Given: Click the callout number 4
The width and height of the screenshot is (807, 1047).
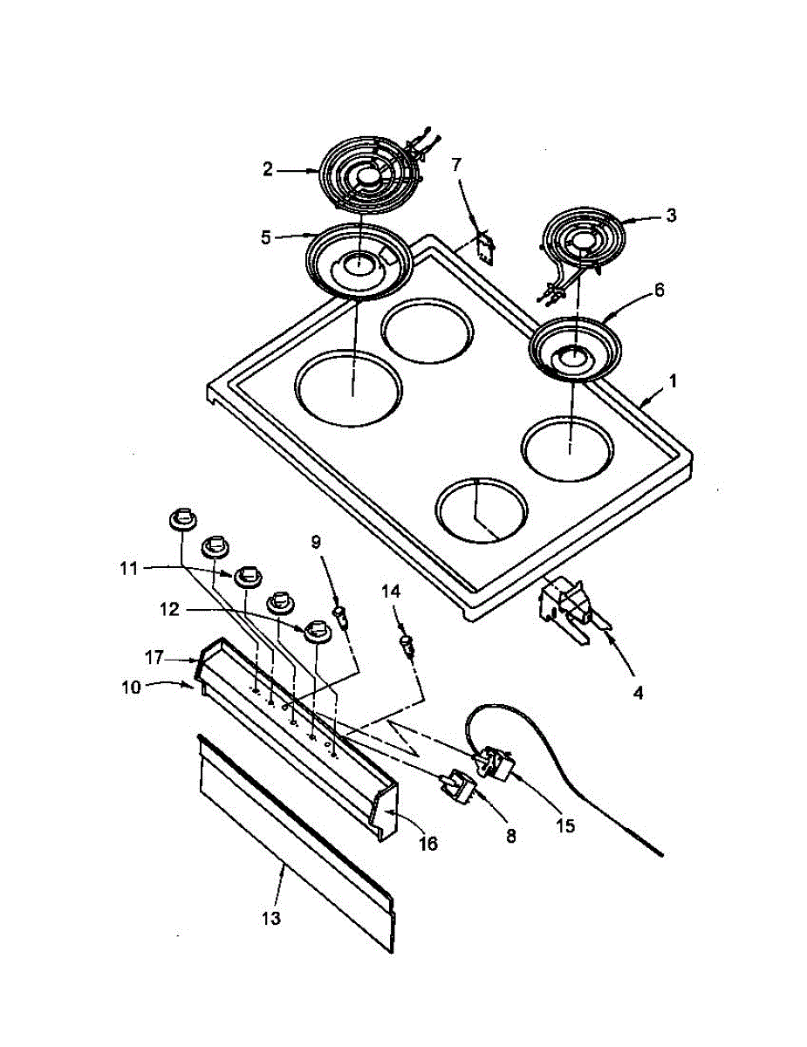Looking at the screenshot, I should [x=638, y=694].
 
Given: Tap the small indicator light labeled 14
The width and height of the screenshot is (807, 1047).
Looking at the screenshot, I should [x=406, y=647].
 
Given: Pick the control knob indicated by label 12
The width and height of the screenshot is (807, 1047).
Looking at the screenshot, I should [x=316, y=631].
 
